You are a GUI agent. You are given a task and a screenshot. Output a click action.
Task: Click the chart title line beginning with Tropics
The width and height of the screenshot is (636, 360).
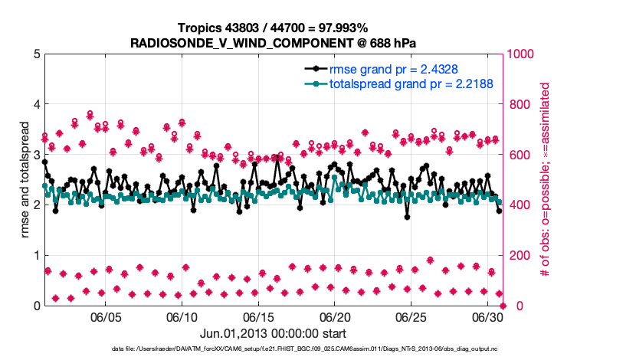point(273,28)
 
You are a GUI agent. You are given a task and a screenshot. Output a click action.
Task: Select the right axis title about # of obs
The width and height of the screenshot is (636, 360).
point(546,180)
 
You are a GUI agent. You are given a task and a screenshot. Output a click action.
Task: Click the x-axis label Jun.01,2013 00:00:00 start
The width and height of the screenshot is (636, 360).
point(273,334)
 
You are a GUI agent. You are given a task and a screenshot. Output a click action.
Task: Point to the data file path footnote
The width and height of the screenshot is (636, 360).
point(273,349)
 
